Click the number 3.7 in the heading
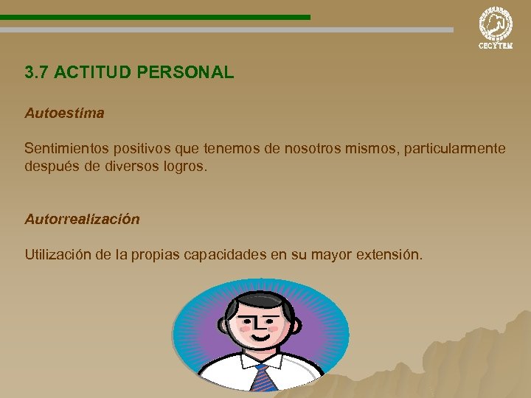tap(37, 73)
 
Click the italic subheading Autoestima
tap(64, 114)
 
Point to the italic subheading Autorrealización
tap(82, 219)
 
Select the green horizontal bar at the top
tap(155, 17)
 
